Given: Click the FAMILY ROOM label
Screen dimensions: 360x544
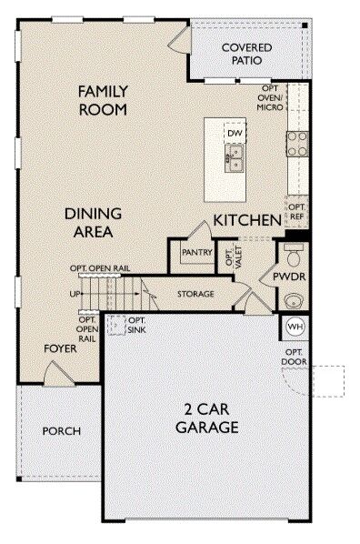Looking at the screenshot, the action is [103, 101].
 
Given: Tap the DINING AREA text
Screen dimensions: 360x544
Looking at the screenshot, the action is [94, 222].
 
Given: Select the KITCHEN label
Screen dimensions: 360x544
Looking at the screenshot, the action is [247, 220].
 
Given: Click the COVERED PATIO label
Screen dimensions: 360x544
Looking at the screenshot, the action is [246, 54].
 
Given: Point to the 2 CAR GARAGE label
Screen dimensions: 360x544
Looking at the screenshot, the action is [207, 418].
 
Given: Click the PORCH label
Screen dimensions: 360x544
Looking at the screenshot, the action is [62, 431].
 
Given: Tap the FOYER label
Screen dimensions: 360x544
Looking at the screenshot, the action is [60, 348].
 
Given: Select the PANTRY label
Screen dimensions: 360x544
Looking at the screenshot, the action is [197, 252].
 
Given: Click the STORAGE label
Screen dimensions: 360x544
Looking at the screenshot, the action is [195, 294].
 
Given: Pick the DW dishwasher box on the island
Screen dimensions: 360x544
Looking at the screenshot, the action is [235, 133].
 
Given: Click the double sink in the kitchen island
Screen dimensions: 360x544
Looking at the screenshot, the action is [235, 158].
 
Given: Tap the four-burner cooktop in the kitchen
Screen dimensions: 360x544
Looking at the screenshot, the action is [297, 144].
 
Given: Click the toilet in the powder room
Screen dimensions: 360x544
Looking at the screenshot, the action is [294, 255].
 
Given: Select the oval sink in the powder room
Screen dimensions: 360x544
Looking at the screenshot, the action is [294, 300].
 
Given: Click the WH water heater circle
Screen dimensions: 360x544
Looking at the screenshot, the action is [295, 327].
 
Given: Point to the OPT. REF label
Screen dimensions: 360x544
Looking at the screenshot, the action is [297, 212].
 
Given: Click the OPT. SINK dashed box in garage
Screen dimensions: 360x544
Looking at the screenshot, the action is [116, 325].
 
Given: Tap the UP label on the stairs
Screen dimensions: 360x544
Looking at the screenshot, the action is [75, 294].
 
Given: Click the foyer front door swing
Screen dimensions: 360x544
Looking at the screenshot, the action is [57, 373].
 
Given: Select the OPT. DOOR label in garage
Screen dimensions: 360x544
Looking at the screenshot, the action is [294, 358].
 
